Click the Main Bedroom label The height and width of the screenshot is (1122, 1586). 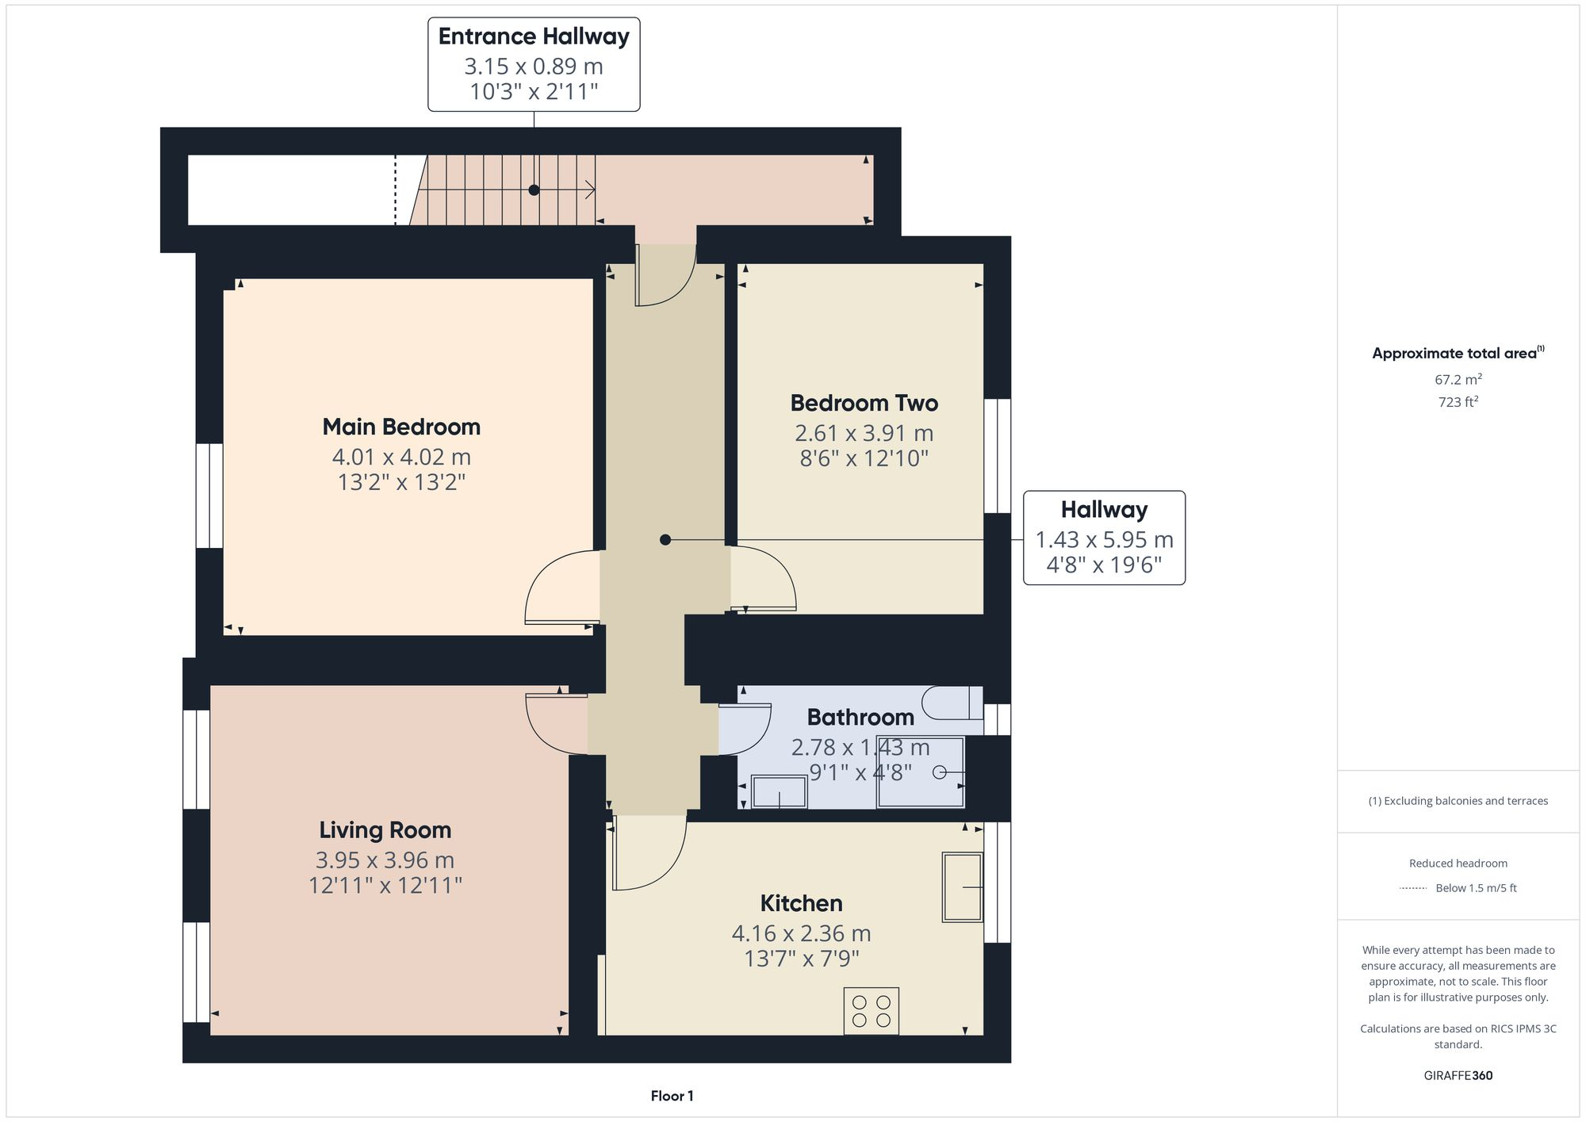click(401, 427)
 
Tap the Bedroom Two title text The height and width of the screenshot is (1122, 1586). click(864, 403)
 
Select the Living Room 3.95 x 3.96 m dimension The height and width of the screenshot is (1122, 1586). click(385, 860)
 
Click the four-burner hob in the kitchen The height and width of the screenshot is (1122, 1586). click(871, 1011)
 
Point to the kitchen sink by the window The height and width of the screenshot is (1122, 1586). click(962, 886)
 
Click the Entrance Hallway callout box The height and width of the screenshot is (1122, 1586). click(534, 64)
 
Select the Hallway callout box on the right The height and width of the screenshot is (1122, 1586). click(1104, 538)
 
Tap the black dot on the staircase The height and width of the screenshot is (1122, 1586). click(534, 190)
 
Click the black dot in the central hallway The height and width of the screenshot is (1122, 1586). click(665, 540)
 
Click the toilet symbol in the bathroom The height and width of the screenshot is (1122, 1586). click(952, 703)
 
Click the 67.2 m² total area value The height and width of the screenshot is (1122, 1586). click(1458, 379)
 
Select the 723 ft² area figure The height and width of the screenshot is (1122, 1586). click(1458, 402)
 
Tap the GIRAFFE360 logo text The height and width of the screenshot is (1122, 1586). click(1458, 1075)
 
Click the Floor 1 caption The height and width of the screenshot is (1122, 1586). click(672, 1096)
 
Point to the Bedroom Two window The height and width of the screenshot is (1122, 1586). click(998, 456)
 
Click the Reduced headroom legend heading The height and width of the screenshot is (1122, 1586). click(1458, 863)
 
